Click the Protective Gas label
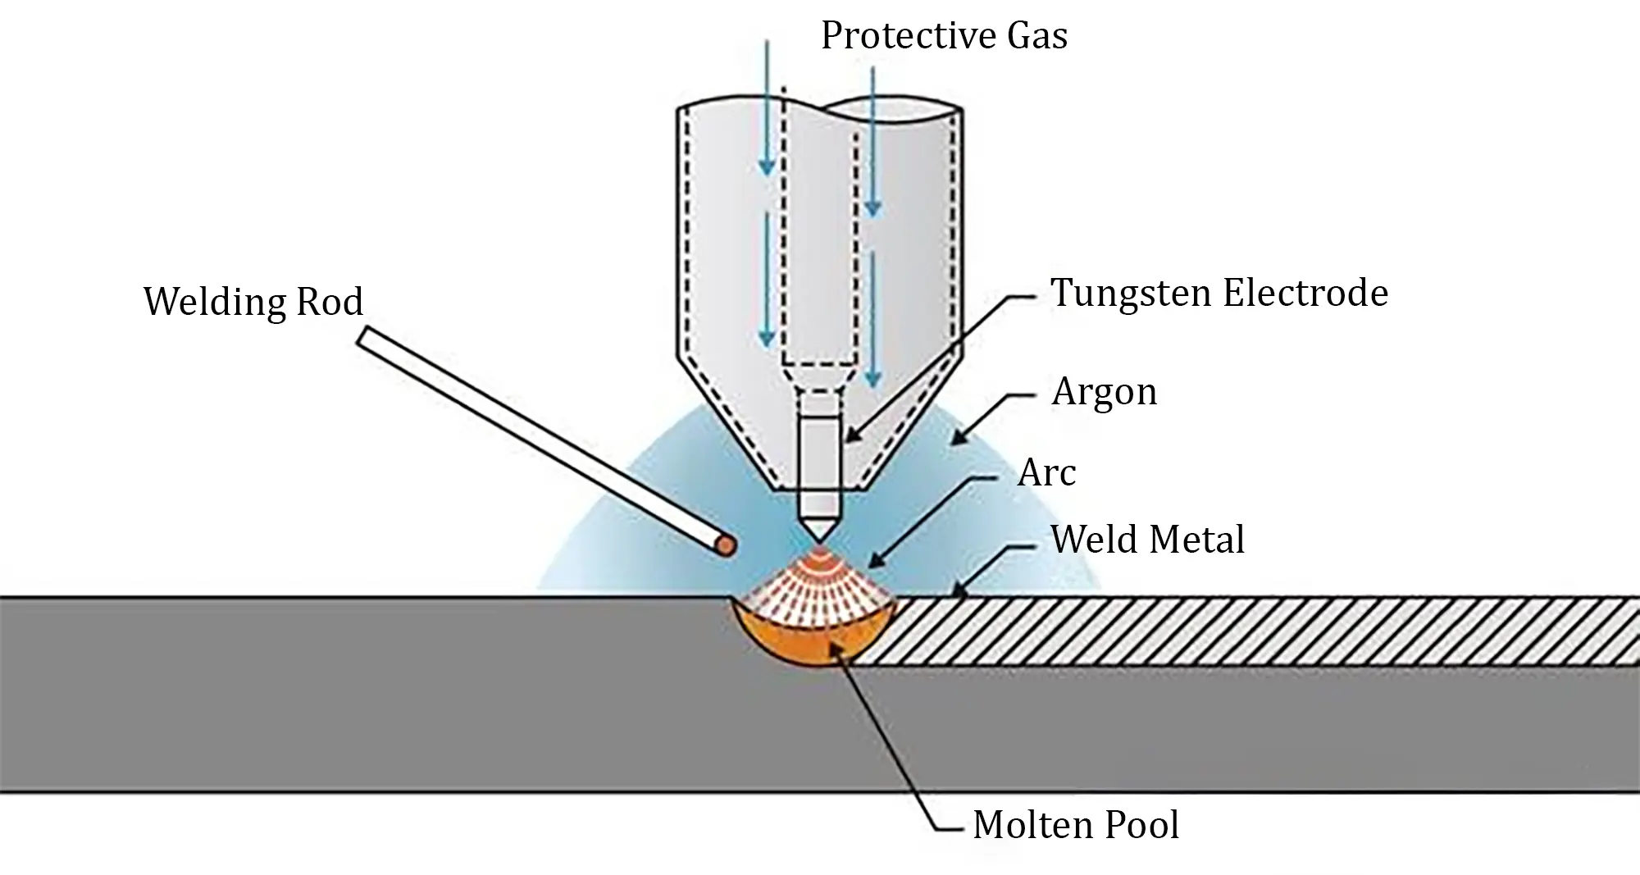(x=944, y=36)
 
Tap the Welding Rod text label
(x=253, y=302)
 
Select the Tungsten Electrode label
(x=1219, y=293)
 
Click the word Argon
(x=1104, y=392)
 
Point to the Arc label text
(x=1046, y=473)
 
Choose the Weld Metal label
(x=1147, y=540)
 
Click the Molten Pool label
(x=1075, y=824)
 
